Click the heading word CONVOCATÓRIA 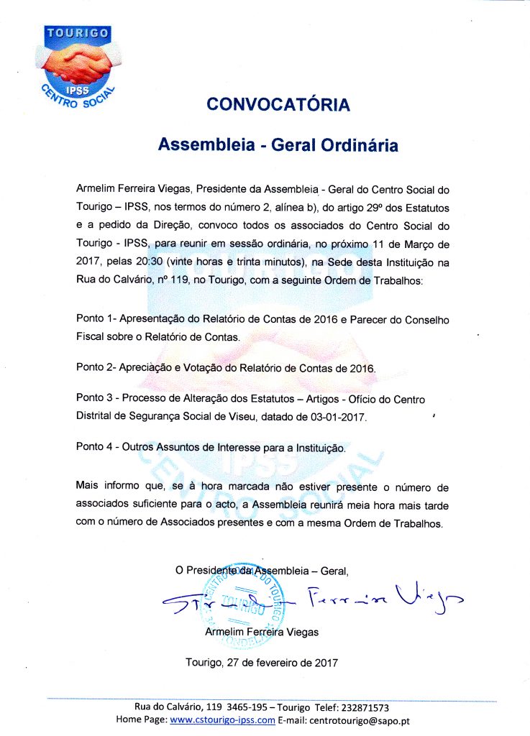tap(278, 105)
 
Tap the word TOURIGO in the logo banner tap(78, 33)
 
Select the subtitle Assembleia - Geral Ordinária tap(278, 144)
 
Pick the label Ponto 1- tap(95, 318)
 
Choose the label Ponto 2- tap(95, 368)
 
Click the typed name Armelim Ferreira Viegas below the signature tap(262, 632)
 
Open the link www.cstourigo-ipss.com tap(223, 720)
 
